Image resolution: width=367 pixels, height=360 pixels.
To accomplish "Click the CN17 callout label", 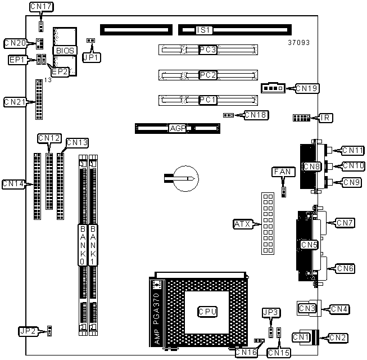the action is [42, 7].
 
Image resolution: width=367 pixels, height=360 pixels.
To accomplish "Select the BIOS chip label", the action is [65, 51].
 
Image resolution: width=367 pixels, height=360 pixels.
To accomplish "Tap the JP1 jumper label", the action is [92, 57].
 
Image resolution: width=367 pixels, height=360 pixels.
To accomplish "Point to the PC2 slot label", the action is [208, 75].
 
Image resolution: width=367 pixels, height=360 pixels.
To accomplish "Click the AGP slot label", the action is [178, 128].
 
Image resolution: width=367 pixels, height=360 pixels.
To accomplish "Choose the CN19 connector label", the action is [307, 88].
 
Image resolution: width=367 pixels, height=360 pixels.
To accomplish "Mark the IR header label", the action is [325, 118].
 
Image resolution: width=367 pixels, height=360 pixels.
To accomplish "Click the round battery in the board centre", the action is [186, 178].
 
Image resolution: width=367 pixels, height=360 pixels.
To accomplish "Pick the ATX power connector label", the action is [243, 224].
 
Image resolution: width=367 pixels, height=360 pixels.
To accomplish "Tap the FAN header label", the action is [283, 172].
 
